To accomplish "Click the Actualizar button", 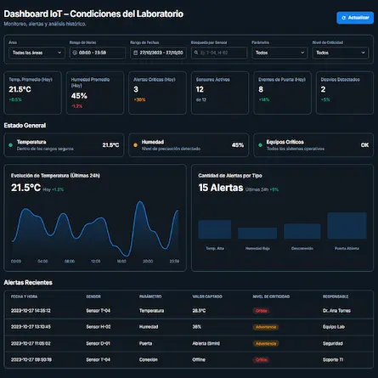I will coord(354,18).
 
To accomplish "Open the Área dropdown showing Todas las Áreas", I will coord(35,52).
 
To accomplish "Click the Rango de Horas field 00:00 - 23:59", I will coord(97,52).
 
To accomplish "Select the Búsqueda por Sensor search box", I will coord(219,52).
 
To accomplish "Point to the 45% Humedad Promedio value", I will coord(80,96).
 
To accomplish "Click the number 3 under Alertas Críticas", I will coord(136,88).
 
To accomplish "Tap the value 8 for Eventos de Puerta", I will coord(261,88).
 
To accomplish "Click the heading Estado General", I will coord(25,124).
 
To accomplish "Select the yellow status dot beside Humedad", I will coord(136,144).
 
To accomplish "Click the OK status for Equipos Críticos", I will coord(364,144).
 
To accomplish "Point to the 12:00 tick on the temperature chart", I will coord(96,261).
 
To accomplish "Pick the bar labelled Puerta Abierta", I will coord(347,225).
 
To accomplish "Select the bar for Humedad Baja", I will coord(257,233).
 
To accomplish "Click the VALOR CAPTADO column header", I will coord(209,296).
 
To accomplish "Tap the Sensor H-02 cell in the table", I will coord(99,326).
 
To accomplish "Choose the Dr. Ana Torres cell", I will coord(336,311).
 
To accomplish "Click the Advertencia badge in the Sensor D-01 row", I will coord(265,343).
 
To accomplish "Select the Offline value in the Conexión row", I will coord(200,359).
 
